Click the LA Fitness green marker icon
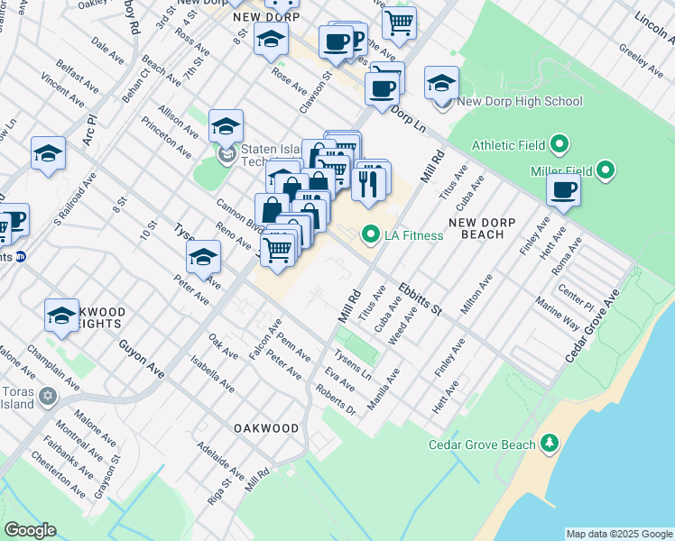click(x=369, y=235)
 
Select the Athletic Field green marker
click(x=559, y=143)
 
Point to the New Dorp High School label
click(x=519, y=102)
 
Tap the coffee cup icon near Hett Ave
click(x=564, y=190)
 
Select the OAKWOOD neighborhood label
click(x=266, y=427)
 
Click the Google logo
click(x=30, y=530)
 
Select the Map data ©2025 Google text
click(x=618, y=534)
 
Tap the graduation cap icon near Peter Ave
click(x=203, y=259)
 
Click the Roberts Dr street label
click(x=336, y=399)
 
